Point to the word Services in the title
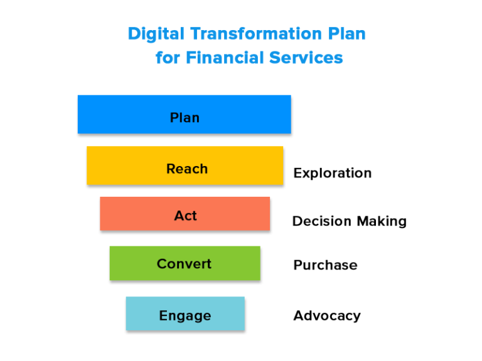pyautogui.click(x=306, y=58)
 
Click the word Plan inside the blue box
pyautogui.click(x=185, y=118)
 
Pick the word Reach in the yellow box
pyautogui.click(x=187, y=169)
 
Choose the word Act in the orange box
pyautogui.click(x=186, y=216)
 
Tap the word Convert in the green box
pyautogui.click(x=185, y=264)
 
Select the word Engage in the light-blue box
pyautogui.click(x=185, y=315)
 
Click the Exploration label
pyautogui.click(x=332, y=173)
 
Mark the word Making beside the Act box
pyautogui.click(x=382, y=221)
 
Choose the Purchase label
pyautogui.click(x=325, y=265)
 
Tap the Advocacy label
pyautogui.click(x=327, y=315)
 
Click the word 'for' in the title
pyautogui.click(x=167, y=58)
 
